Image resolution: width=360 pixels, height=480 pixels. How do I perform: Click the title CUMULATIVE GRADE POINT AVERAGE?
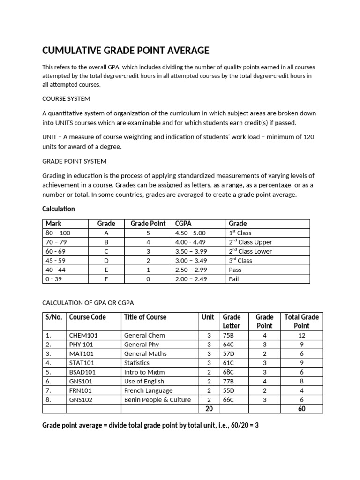(126, 51)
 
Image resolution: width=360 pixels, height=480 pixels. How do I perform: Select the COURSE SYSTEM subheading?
(66, 99)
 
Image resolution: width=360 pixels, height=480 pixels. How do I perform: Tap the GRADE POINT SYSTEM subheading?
(75, 161)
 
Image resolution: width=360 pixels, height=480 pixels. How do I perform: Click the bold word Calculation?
(59, 209)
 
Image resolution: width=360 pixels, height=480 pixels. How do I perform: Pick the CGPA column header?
(183, 224)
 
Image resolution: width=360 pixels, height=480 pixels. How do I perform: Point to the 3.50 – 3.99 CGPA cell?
(190, 251)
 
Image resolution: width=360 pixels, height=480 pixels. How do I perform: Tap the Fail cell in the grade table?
(234, 279)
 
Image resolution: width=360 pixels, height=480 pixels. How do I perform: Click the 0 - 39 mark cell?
(54, 279)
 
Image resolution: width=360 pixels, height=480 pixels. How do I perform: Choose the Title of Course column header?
(145, 317)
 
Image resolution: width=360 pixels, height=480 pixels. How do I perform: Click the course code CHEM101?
(83, 335)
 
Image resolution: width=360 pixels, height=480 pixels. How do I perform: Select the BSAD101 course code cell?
(82, 372)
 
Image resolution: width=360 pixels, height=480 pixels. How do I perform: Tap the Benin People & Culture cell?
(157, 399)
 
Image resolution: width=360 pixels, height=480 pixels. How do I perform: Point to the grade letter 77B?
(228, 381)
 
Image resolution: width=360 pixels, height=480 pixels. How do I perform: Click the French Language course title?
(148, 390)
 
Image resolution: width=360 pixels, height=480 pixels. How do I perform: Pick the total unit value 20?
(209, 409)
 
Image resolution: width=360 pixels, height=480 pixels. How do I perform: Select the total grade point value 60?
(301, 409)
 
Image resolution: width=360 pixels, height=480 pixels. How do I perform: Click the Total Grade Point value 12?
(301, 335)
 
